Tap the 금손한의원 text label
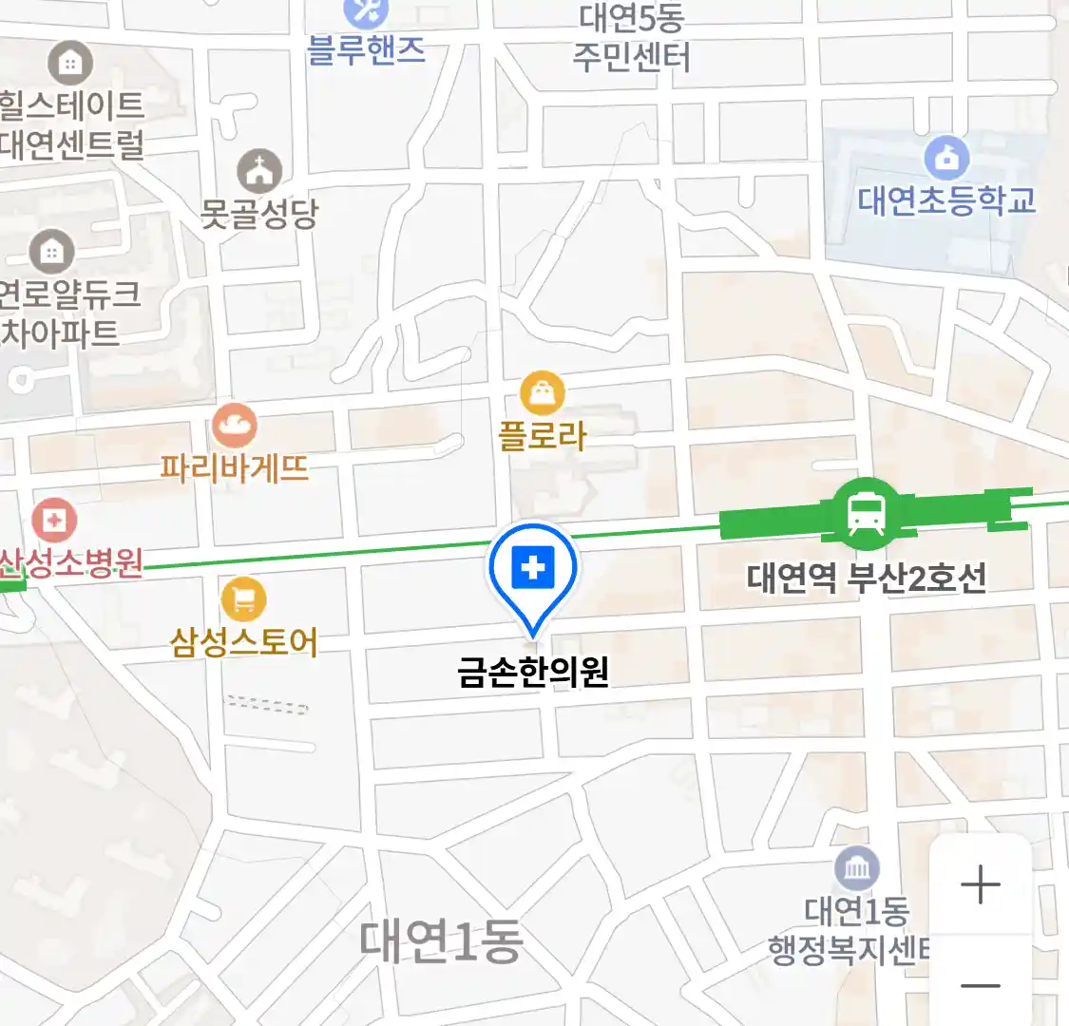532,673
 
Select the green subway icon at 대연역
866,514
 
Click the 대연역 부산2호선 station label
866,578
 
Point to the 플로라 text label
543,436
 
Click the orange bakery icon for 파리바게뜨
234,426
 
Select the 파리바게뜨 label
234,467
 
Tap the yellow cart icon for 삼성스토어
243,598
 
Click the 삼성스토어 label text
243,642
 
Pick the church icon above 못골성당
259,171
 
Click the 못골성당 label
258,214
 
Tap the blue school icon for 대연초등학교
946,158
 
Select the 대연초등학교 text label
946,200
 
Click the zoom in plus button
980,885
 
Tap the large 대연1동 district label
441,940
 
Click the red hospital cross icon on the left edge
54,520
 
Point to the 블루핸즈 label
366,49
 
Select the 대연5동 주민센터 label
632,38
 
